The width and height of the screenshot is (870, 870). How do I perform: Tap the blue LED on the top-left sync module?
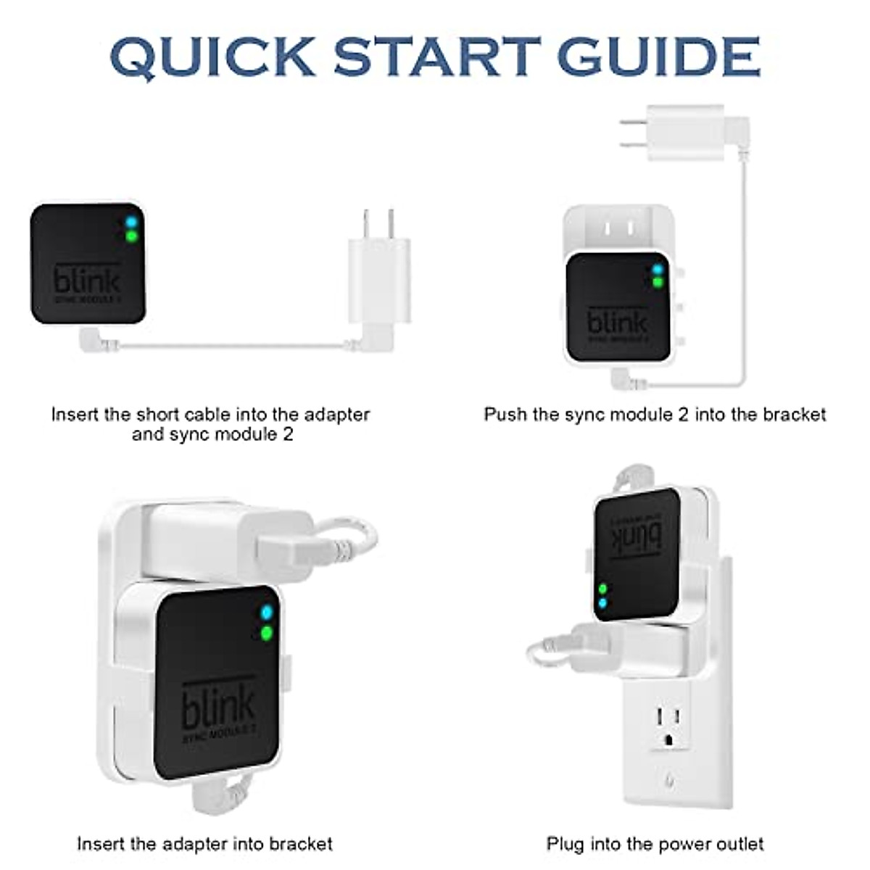click(131, 221)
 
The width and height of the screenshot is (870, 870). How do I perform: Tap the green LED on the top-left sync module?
click(131, 236)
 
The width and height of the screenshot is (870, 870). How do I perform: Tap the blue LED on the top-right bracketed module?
click(658, 270)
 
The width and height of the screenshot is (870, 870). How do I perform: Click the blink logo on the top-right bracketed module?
click(617, 323)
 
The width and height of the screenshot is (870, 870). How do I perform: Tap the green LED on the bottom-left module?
click(267, 634)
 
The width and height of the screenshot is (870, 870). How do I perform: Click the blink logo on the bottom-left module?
click(217, 707)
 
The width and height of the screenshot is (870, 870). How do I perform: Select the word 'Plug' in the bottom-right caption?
click(565, 845)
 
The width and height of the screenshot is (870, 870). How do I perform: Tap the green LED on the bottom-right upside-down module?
click(602, 589)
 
